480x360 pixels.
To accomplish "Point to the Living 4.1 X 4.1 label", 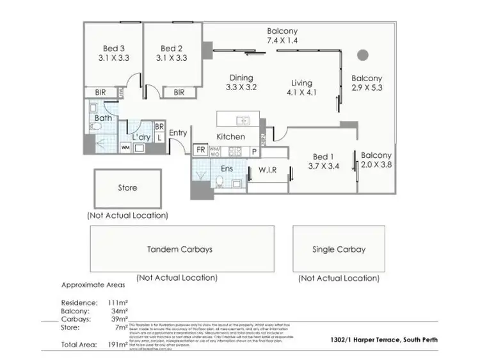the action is (x=301, y=88).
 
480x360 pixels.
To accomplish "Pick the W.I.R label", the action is (x=267, y=170).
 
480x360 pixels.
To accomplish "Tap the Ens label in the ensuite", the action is (x=227, y=169).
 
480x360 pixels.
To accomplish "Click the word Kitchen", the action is (x=230, y=137).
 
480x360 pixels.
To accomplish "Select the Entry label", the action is (x=178, y=133).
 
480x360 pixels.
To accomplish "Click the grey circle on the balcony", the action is (x=363, y=54).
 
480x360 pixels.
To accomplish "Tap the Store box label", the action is (x=127, y=188).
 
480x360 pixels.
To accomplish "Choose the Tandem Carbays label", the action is (x=179, y=249).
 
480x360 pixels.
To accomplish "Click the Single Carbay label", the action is (x=339, y=249).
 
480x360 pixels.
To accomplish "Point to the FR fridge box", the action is (x=201, y=151).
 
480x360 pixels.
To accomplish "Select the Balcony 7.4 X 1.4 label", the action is (x=282, y=36).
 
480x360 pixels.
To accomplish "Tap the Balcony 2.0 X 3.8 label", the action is (x=376, y=160).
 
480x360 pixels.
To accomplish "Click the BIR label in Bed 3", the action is (x=100, y=93).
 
